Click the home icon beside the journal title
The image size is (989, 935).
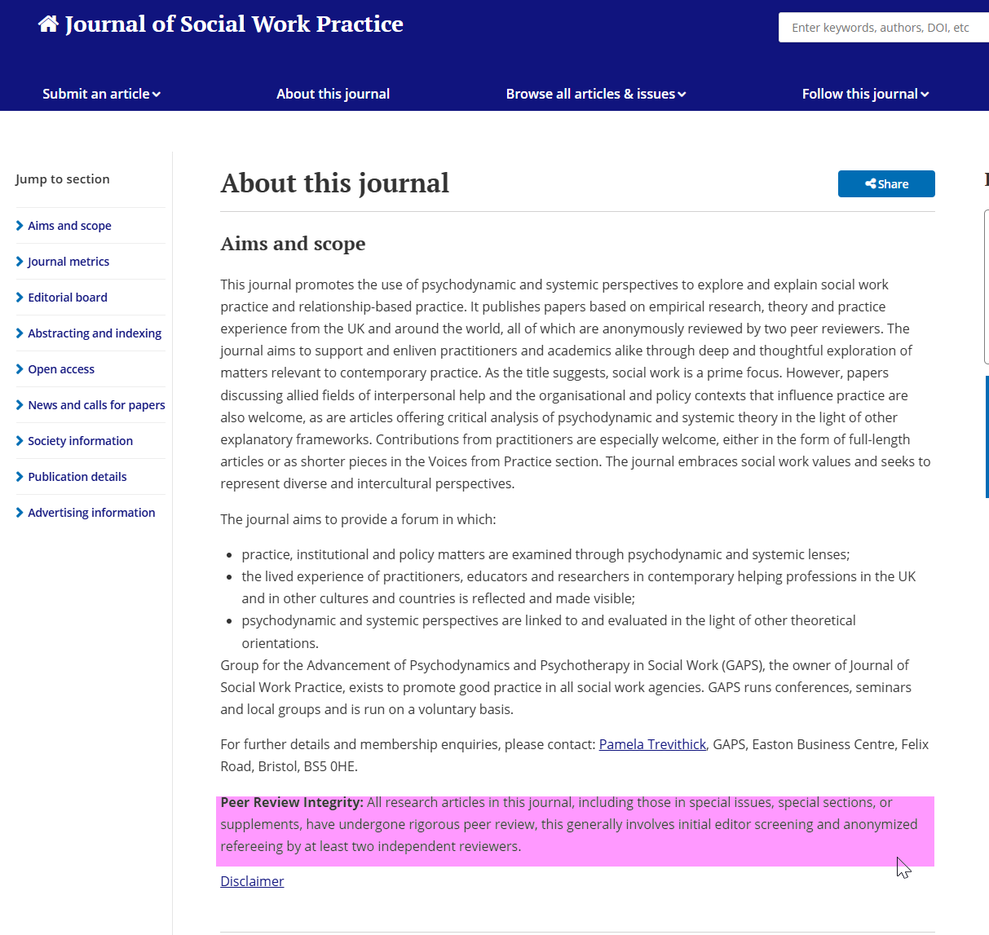[x=48, y=24]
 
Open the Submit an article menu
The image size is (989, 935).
[x=101, y=94]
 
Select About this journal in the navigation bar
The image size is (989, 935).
[x=333, y=94]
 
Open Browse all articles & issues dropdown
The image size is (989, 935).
[x=595, y=94]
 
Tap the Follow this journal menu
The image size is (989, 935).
[x=865, y=94]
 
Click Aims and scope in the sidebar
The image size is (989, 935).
[x=69, y=226]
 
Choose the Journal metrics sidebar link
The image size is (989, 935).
[x=68, y=262]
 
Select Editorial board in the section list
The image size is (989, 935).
[x=68, y=298]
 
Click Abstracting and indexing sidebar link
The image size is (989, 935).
[x=95, y=333]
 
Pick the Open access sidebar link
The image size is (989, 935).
[x=61, y=369]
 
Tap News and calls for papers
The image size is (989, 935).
[x=96, y=405]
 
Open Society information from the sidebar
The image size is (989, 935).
[x=80, y=441]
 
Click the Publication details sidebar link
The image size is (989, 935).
[x=77, y=477]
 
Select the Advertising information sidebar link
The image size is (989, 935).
[x=91, y=513]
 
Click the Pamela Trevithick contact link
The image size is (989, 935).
[x=652, y=744]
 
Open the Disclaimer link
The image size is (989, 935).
[x=252, y=881]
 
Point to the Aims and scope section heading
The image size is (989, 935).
[x=293, y=244]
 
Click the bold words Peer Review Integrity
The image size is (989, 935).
[x=291, y=802]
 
